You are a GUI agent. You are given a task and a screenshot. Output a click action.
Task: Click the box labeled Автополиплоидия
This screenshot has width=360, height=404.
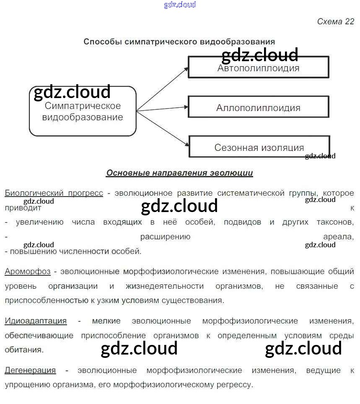pyautogui.click(x=258, y=67)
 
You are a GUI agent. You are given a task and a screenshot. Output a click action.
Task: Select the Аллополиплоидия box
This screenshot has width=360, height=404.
pyautogui.click(x=258, y=107)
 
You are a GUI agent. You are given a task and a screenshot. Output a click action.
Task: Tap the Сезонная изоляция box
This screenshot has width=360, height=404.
pyautogui.click(x=259, y=147)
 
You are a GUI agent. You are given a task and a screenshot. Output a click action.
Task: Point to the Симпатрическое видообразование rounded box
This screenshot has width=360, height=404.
pyautogui.click(x=83, y=111)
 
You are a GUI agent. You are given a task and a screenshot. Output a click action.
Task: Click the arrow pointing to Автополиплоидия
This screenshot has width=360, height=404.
pyautogui.click(x=162, y=88)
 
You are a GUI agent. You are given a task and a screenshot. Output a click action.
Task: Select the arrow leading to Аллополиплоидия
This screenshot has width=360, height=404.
pyautogui.click(x=162, y=109)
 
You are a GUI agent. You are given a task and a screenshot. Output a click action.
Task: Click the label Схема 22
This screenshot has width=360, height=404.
pyautogui.click(x=335, y=22)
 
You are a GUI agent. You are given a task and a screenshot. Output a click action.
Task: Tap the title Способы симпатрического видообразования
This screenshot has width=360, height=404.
pyautogui.click(x=179, y=41)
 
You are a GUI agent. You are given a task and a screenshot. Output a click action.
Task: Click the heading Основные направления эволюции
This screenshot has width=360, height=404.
pyautogui.click(x=179, y=173)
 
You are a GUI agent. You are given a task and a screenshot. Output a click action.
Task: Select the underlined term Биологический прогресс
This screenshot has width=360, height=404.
pyautogui.click(x=54, y=193)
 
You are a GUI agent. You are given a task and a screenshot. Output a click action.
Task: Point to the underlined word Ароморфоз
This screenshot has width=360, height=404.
pyautogui.click(x=28, y=272)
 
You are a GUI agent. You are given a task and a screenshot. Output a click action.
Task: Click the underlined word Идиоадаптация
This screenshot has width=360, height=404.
pyautogui.click(x=36, y=321)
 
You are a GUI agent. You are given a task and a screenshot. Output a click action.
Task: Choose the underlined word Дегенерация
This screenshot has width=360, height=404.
pyautogui.click(x=30, y=370)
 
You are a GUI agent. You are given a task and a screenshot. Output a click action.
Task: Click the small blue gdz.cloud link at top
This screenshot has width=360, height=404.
pyautogui.click(x=180, y=5)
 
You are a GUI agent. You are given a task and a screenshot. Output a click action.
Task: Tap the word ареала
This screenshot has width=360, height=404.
pyautogui.click(x=338, y=237)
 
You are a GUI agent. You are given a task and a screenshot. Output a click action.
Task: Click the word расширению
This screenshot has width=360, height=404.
pyautogui.click(x=165, y=237)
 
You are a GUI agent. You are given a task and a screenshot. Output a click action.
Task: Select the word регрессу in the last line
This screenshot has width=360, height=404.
pyautogui.click(x=237, y=385)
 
